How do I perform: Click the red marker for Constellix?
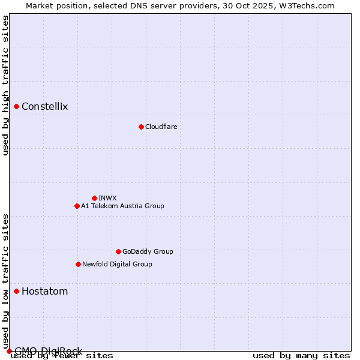16,107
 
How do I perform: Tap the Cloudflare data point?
141,127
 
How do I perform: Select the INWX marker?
94,198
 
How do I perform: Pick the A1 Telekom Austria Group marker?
77,206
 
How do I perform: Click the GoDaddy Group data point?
118,251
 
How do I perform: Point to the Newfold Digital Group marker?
78,264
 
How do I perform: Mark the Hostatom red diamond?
16,292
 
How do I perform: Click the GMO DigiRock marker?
9,351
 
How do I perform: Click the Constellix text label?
45,107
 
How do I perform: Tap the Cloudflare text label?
161,127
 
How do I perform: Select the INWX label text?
107,198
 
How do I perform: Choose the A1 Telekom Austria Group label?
122,206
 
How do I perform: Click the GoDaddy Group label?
148,251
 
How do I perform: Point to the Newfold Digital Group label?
117,264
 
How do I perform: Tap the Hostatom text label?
44,292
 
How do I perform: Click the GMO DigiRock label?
48,351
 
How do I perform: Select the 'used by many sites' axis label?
301,356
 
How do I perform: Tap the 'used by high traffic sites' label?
5,85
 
